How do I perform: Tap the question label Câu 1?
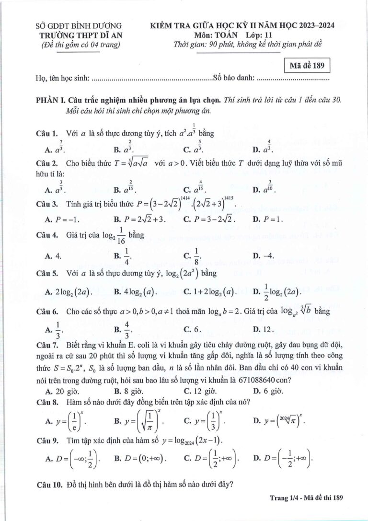[47, 133]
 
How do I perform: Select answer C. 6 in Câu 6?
[192, 329]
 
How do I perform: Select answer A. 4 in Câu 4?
[53, 255]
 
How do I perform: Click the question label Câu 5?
[47, 274]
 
